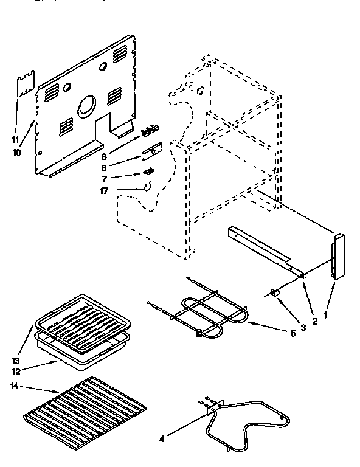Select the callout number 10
point(16,153)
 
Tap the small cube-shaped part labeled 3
point(275,292)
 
